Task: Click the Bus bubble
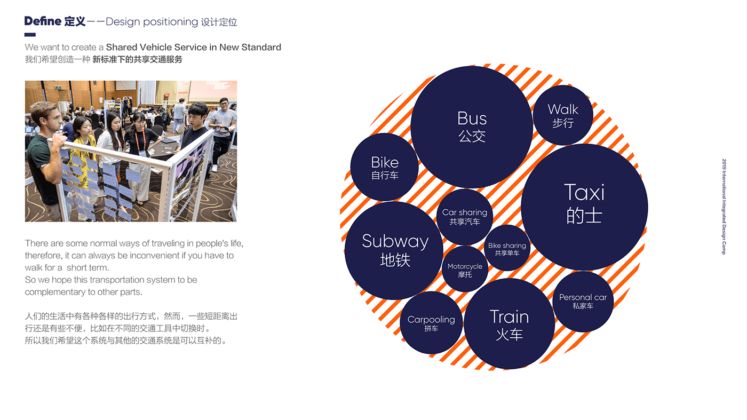pos(472,126)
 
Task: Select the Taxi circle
pos(584,207)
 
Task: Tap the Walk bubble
pos(563,115)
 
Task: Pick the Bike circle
pos(385,167)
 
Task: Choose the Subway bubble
pos(394,250)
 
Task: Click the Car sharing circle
pos(465,217)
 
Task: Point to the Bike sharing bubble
pos(507,249)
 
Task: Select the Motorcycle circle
pos(465,270)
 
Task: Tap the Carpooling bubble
pos(431,323)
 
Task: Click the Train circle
pos(509,324)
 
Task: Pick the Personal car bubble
pos(583,301)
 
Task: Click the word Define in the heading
pos(43,21)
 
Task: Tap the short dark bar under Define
pos(30,35)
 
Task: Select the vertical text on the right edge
pos(724,207)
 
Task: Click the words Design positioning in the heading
pos(152,22)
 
